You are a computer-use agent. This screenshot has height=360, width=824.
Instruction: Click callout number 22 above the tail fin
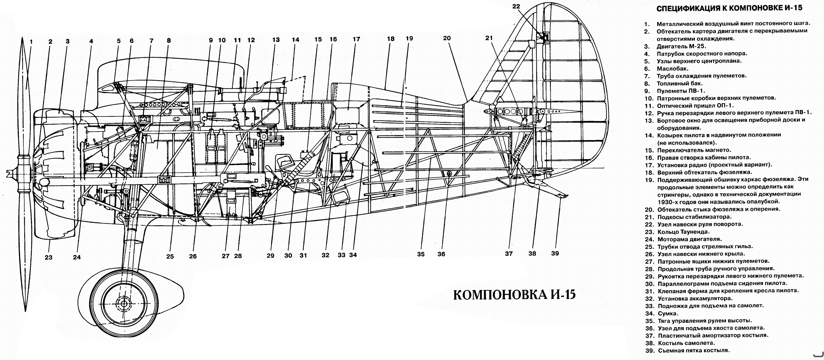(516, 6)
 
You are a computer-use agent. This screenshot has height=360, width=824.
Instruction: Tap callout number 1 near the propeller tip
(31, 42)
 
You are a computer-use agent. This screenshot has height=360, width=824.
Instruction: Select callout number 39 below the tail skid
(555, 253)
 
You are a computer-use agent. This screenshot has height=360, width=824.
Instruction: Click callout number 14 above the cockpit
(295, 40)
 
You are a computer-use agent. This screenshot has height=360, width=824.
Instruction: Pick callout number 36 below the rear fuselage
(441, 254)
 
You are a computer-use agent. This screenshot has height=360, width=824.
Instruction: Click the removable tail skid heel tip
(567, 195)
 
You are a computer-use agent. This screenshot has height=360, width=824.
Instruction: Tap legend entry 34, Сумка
(661, 313)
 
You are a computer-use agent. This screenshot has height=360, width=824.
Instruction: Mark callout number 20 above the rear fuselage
(447, 38)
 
